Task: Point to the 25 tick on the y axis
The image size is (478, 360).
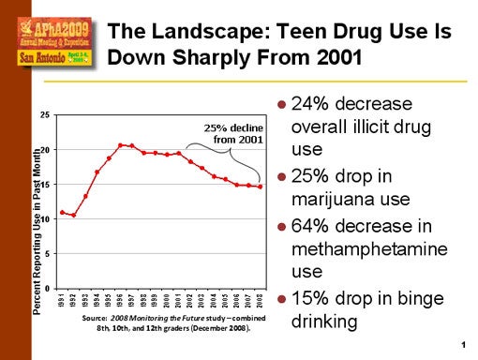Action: (x=46, y=114)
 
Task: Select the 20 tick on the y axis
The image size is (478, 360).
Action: (x=46, y=149)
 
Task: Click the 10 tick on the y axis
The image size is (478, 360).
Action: (x=46, y=218)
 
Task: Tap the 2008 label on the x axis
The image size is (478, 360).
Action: (x=260, y=301)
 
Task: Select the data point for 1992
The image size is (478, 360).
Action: (x=73, y=216)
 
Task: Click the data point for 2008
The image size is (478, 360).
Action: (x=260, y=187)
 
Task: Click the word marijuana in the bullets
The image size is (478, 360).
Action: (x=338, y=202)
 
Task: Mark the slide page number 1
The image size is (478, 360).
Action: (x=463, y=349)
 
